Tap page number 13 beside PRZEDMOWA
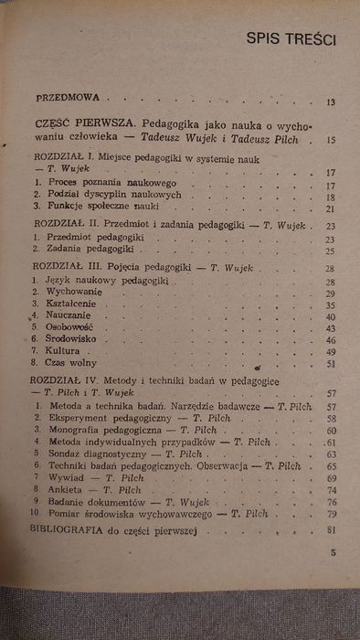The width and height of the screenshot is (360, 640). tap(331, 102)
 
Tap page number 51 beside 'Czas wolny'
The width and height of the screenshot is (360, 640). tap(332, 363)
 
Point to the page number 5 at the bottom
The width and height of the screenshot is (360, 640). tap(333, 551)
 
